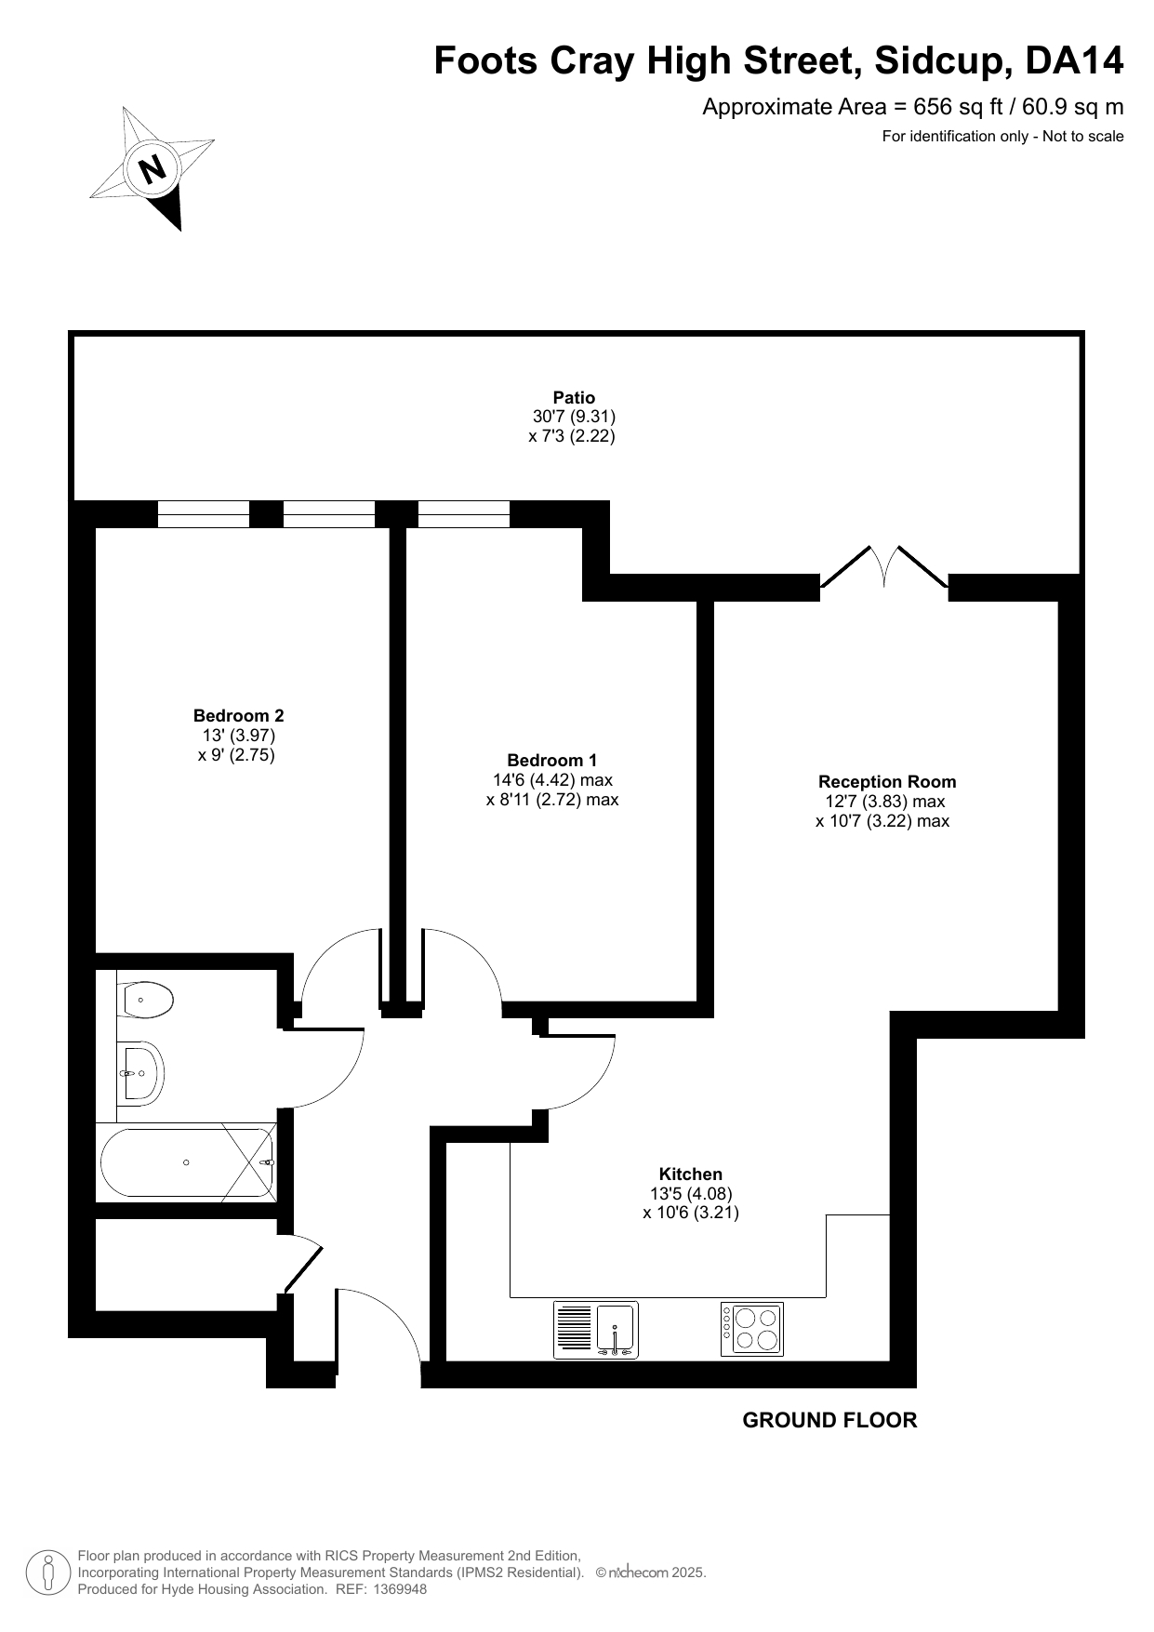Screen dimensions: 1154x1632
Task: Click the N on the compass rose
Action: [x=152, y=169]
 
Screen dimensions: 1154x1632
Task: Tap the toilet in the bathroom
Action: [x=146, y=1000]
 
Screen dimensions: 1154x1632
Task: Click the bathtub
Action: [x=186, y=1162]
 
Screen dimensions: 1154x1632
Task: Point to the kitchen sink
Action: [x=595, y=1330]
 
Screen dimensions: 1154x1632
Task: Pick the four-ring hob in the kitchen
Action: [x=752, y=1329]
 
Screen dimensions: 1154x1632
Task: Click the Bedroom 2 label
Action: [x=238, y=715]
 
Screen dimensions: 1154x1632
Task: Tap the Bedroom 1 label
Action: [x=552, y=760]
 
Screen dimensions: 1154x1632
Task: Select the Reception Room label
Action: [x=887, y=782]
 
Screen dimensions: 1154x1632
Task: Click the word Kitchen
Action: [x=691, y=1174]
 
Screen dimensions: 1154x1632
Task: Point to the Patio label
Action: [x=574, y=398]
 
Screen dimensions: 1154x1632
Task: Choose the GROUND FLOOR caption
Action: [x=829, y=1420]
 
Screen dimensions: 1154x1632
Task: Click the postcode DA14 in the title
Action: [x=1074, y=61]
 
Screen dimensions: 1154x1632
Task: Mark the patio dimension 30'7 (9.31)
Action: [x=574, y=417]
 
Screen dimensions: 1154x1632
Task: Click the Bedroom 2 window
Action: [x=204, y=514]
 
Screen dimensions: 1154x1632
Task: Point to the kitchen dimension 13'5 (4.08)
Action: [x=691, y=1193]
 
